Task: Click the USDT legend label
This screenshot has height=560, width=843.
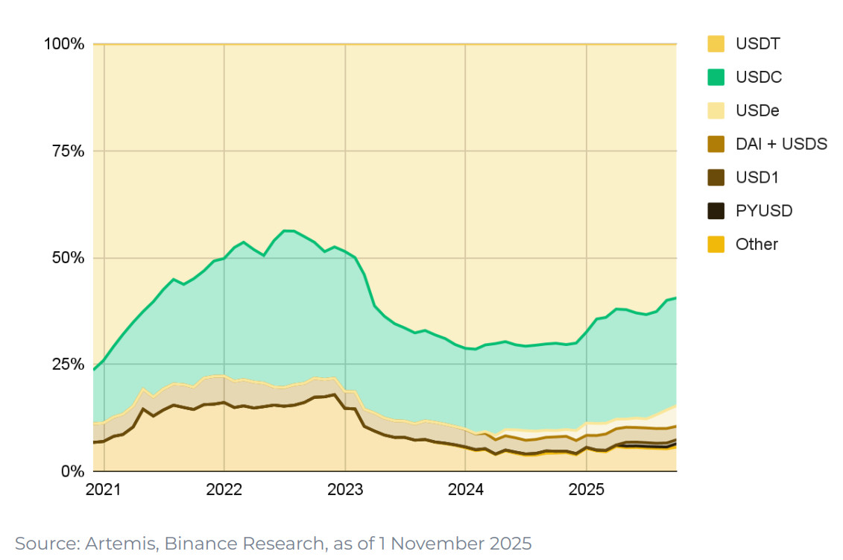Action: (758, 44)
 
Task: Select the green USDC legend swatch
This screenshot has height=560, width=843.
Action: (716, 77)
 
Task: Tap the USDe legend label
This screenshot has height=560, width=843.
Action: (758, 110)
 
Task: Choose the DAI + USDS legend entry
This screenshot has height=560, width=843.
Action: (781, 144)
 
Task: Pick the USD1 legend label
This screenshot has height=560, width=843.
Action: (757, 177)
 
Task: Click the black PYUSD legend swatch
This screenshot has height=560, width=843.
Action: (716, 211)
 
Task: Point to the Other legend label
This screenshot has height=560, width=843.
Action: (757, 244)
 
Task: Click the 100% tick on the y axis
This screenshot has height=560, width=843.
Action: (64, 44)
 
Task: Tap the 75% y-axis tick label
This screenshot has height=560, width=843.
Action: (68, 151)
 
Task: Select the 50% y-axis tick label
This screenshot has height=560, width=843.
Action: (68, 258)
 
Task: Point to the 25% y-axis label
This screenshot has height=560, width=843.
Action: (68, 365)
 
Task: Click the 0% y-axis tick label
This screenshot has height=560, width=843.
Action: (72, 471)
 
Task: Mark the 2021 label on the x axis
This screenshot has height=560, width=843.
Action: (104, 490)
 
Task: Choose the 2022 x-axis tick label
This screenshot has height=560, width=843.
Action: (224, 490)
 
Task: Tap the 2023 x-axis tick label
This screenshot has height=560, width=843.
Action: (345, 490)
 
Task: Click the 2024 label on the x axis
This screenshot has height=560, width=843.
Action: (465, 490)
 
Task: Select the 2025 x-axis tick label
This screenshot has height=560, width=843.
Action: (586, 490)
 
